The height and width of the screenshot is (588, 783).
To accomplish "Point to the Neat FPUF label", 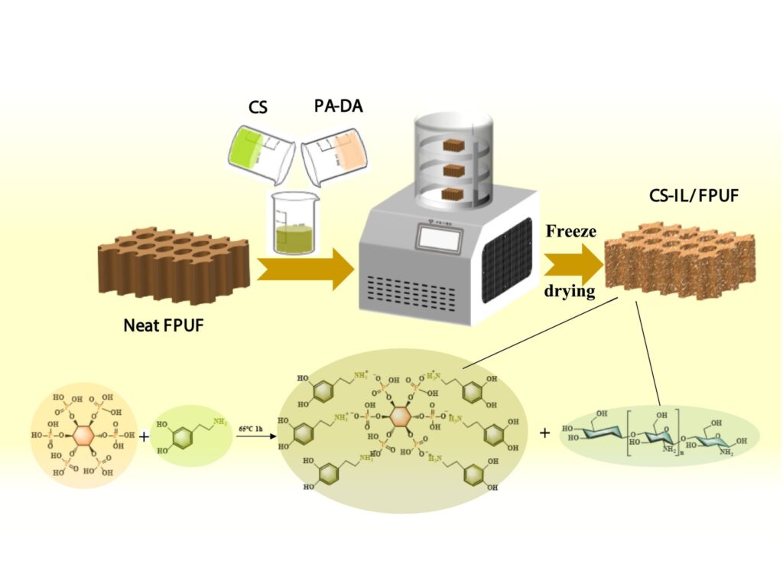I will point(163,327).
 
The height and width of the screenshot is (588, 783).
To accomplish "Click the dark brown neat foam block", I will point(175,264).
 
